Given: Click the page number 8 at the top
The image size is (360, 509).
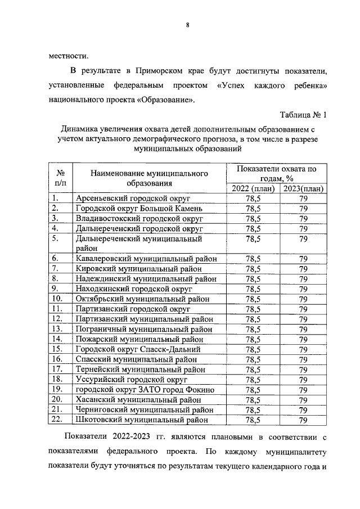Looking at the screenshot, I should coord(187,25).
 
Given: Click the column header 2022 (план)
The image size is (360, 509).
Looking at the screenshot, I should coord(253,188).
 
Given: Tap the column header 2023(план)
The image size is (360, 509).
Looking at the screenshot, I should coord(303,188).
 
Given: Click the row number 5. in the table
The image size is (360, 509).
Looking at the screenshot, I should coord(55,238).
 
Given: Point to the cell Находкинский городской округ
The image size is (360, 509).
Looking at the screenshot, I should coord(130,289).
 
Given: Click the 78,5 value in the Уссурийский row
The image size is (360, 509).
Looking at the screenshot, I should coord(253,380).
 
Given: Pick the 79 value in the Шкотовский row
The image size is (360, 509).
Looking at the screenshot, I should coord(303,420).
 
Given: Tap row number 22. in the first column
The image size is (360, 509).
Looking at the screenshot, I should coord(57,420).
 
